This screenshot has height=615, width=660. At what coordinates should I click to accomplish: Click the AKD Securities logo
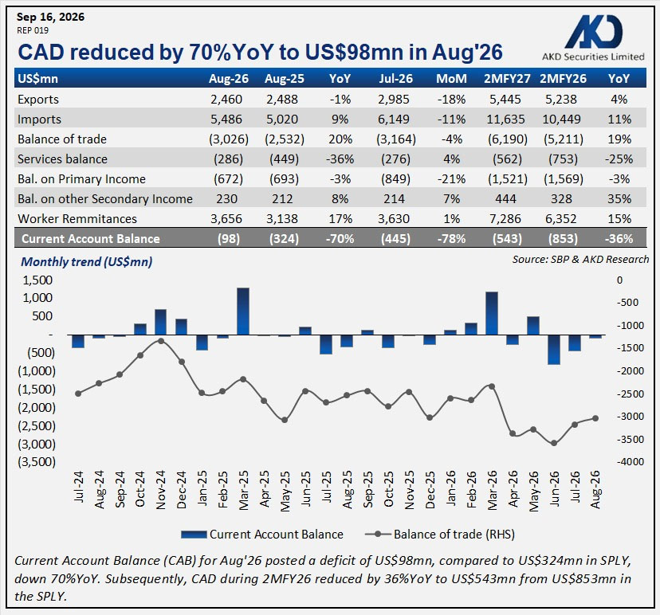(x=593, y=38)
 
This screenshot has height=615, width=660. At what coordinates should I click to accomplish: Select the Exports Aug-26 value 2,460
(x=226, y=100)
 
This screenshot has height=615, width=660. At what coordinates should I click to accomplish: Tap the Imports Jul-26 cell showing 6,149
(x=393, y=119)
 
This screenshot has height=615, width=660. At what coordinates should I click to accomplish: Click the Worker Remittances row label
(x=77, y=219)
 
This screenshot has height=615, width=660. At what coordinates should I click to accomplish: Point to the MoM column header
(x=451, y=79)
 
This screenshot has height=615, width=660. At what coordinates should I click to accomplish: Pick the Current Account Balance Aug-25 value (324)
(x=284, y=239)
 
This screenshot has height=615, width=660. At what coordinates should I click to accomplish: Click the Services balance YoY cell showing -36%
(x=340, y=159)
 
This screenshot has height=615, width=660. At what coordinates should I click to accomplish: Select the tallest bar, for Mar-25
(x=243, y=311)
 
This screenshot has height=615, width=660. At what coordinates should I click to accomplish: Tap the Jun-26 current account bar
(x=554, y=350)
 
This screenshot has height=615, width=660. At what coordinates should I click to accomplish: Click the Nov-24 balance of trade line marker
(x=161, y=341)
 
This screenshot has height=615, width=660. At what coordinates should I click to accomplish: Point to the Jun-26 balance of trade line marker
(x=554, y=443)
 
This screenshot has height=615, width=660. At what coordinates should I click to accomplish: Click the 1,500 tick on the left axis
(x=37, y=280)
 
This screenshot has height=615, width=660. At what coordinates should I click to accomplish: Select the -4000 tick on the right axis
(x=631, y=461)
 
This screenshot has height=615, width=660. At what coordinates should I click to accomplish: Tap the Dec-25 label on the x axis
(x=430, y=490)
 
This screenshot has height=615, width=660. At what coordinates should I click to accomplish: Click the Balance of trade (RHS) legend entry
(x=440, y=535)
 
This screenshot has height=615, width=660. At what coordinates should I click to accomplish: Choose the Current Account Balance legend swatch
(x=194, y=535)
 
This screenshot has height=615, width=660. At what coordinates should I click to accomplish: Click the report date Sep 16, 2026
(x=50, y=17)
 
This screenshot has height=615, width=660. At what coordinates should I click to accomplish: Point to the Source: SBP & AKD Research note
(x=580, y=260)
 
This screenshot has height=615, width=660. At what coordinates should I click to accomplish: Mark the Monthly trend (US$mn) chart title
(x=87, y=261)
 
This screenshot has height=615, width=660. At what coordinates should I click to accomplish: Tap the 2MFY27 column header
(x=507, y=79)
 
